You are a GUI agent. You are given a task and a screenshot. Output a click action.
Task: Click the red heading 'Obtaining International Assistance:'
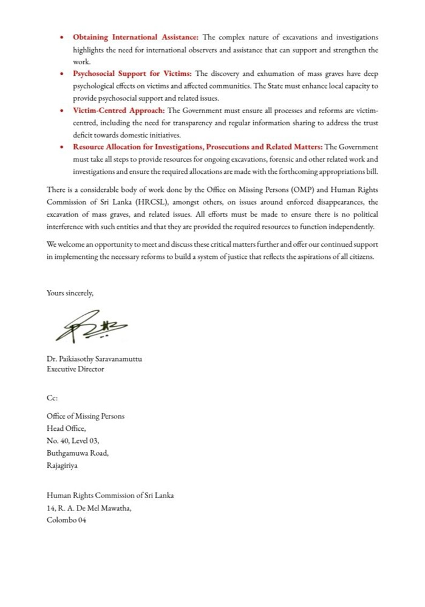[132, 37]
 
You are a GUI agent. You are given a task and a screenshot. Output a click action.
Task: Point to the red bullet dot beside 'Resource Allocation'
[63, 147]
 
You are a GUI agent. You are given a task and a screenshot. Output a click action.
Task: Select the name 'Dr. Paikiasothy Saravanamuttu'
[94, 358]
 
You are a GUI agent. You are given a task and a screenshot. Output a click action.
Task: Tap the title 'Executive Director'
[75, 369]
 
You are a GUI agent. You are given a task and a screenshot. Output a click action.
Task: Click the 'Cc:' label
[52, 397]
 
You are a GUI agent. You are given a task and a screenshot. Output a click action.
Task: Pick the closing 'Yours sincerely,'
[70, 293]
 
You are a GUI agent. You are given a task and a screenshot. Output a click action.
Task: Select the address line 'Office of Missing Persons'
[86, 417]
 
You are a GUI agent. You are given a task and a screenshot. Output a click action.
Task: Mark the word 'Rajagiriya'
[62, 465]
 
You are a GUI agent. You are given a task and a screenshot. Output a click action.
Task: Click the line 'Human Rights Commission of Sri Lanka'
[110, 495]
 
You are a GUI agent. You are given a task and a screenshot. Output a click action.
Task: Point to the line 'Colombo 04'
[66, 520]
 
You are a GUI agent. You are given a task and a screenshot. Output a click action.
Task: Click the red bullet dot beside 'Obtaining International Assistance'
[63, 38]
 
